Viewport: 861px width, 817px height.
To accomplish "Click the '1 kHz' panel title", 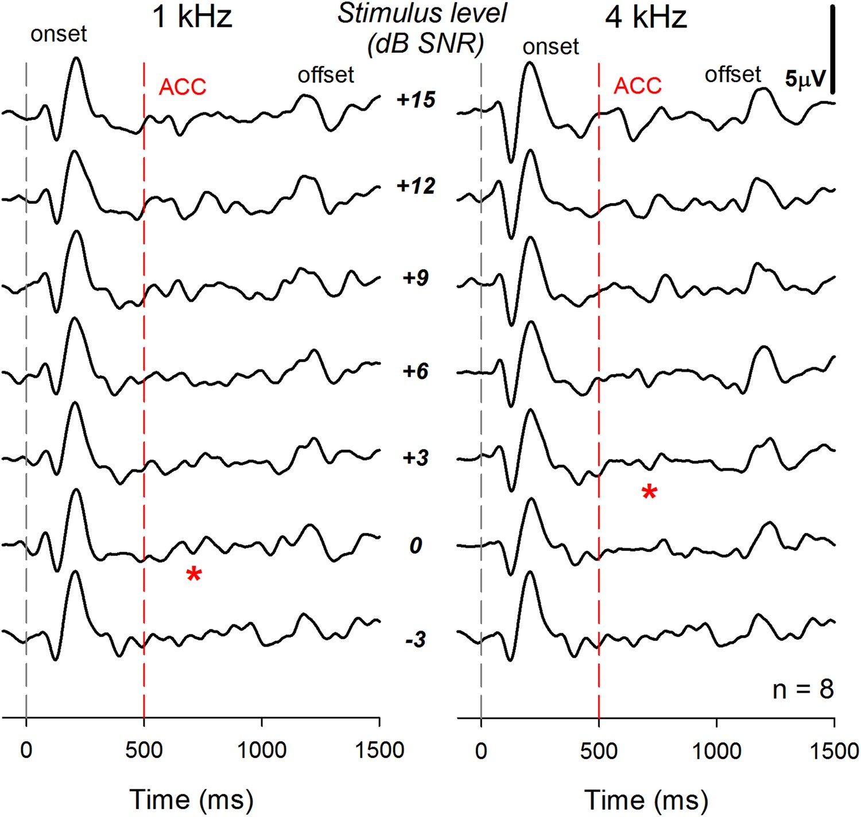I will pos(192,17).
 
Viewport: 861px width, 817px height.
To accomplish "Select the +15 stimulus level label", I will pos(416,100).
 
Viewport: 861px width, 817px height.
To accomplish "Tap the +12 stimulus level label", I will pos(416,186).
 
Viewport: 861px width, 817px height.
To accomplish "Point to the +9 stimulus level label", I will pos(416,278).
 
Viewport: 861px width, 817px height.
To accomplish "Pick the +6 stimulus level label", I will pos(416,371).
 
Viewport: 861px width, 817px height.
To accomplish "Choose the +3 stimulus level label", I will pos(416,458).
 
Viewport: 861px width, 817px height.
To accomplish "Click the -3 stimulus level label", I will pos(416,639).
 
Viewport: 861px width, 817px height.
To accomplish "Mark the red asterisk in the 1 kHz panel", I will pos(194,574).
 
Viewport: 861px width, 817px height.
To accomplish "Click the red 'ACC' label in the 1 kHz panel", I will pos(183,87).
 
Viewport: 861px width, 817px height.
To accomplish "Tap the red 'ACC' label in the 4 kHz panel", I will pos(637,87).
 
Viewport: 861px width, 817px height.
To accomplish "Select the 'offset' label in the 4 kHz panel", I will pos(732,75).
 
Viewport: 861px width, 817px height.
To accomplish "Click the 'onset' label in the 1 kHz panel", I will pos(59,34).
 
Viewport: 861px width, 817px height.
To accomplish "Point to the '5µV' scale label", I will pos(805,79).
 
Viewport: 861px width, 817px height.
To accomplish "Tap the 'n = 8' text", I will pos(802,689).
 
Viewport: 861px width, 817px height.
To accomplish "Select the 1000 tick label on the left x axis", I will pos(262,750).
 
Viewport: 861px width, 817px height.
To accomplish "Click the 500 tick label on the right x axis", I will pos(599,750).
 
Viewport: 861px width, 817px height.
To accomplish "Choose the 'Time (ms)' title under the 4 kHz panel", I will pos(646,799).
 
